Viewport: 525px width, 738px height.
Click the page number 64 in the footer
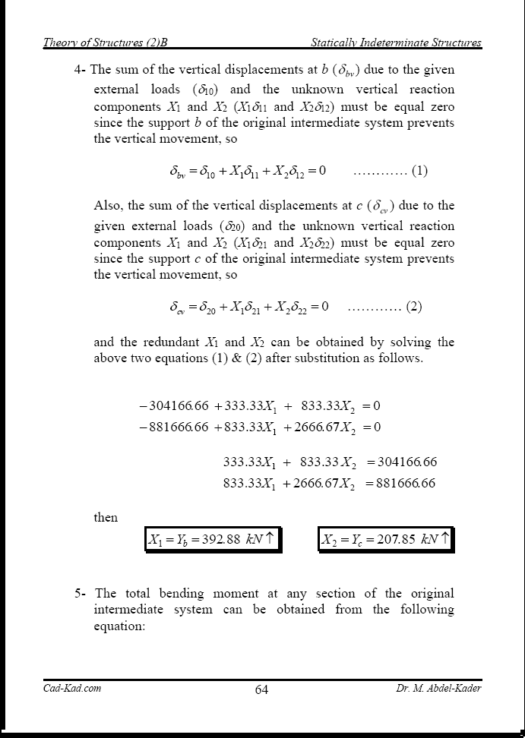tap(261, 689)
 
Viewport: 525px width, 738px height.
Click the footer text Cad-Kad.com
tap(72, 689)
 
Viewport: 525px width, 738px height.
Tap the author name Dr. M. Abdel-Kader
tap(438, 689)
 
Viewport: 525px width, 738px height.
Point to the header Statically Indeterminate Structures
tap(397, 43)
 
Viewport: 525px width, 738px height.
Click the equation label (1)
tap(419, 171)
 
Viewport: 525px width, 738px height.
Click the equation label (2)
tap(414, 307)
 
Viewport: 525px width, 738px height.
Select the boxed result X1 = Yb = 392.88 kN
tap(212, 540)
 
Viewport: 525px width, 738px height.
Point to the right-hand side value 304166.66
tap(402, 462)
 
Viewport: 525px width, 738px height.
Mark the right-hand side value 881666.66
tap(400, 483)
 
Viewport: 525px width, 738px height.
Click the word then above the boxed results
tap(106, 518)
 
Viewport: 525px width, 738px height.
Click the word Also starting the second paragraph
tap(107, 206)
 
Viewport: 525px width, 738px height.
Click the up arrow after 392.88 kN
tap(270, 539)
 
